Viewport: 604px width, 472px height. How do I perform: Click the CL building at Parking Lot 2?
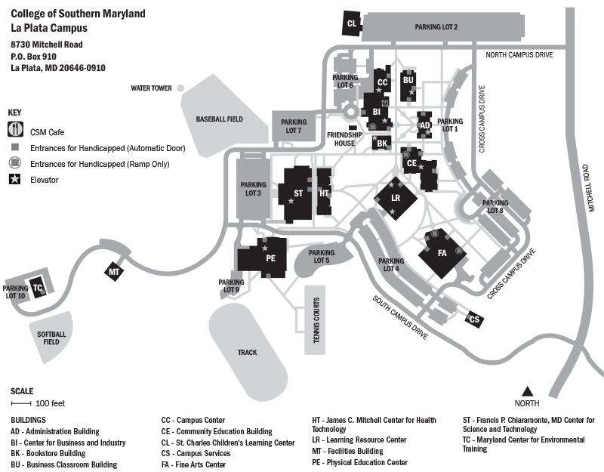[352, 23]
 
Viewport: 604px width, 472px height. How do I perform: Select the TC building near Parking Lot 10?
[38, 287]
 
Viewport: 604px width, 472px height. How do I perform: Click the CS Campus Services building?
[474, 319]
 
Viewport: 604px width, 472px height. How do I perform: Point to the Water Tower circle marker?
[180, 88]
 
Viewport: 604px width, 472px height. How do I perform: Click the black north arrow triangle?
[528, 390]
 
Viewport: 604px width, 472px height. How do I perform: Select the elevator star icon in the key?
[16, 180]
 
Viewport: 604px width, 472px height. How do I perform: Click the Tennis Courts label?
[316, 319]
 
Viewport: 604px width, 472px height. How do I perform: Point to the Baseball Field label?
[219, 119]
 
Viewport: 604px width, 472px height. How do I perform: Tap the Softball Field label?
[51, 338]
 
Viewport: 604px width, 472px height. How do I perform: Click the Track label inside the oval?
[247, 353]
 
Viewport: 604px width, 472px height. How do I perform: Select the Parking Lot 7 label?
[294, 126]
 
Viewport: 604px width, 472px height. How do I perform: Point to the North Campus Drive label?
[519, 55]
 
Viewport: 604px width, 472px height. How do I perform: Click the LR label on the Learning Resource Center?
[395, 198]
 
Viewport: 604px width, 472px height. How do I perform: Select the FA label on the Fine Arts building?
[442, 252]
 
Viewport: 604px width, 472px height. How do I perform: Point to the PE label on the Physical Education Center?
[271, 258]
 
